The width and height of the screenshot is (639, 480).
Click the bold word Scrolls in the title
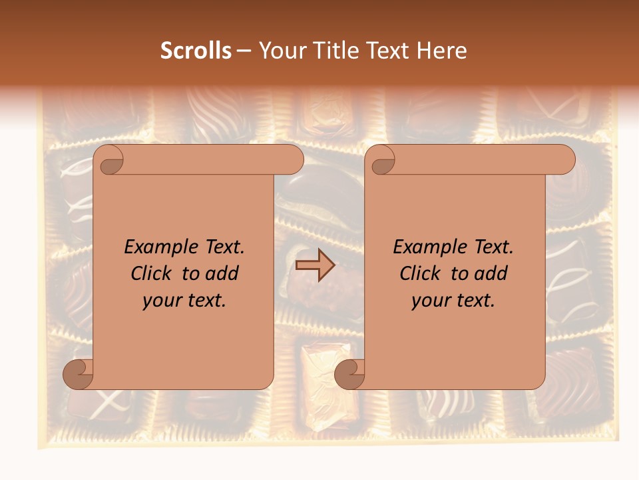click(x=196, y=51)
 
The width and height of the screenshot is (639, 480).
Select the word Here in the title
click(x=441, y=51)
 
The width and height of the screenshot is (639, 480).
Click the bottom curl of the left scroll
click(x=79, y=375)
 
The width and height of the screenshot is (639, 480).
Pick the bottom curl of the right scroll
click(x=349, y=375)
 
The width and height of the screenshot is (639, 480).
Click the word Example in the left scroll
click(x=158, y=247)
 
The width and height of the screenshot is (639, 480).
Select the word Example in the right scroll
click(x=427, y=247)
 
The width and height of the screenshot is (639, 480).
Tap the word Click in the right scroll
click(x=421, y=273)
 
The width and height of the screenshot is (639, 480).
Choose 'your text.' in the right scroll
click(x=453, y=301)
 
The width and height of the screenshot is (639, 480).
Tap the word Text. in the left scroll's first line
click(x=222, y=247)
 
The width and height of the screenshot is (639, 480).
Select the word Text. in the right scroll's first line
click(x=491, y=247)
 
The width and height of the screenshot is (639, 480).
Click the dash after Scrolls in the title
click(x=244, y=51)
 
